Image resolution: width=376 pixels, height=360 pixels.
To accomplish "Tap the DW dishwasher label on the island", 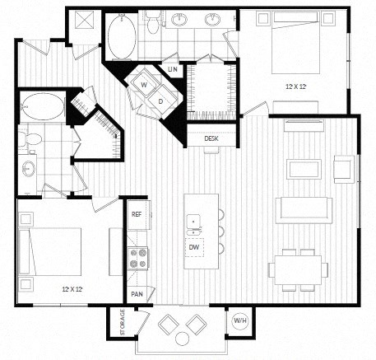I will pos(193,247).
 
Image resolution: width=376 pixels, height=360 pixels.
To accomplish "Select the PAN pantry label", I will pos(136,294).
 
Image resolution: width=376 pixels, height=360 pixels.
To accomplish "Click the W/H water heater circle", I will pos(239,320).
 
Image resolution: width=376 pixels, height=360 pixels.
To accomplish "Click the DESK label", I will pos(211,138).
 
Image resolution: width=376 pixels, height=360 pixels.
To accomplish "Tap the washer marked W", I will pos(144,84).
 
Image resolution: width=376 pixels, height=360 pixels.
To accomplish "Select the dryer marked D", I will pos(161,101).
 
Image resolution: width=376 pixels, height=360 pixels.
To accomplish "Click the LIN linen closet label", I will pos(172,69).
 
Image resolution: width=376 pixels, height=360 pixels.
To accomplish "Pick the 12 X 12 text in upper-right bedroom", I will pos(296,86).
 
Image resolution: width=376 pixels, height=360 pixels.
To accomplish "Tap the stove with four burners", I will pos(137,259).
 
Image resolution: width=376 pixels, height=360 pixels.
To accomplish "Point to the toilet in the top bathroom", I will pos(154,22).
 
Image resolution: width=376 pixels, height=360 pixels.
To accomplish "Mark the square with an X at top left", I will pos(83,21).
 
